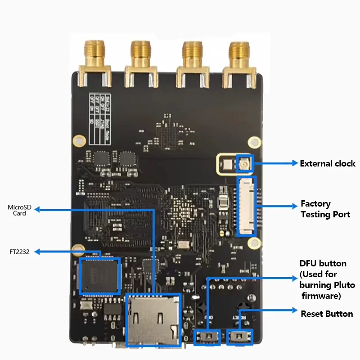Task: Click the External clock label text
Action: coord(328,163)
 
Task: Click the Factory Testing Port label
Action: coord(325,209)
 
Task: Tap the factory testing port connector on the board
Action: coord(246,206)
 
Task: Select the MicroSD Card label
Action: coord(20,210)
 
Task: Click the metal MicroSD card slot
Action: coord(153,319)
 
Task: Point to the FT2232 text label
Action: coord(19,252)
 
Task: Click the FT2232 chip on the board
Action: coord(99,276)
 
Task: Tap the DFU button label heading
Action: coord(323,264)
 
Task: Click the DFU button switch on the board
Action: coord(207,337)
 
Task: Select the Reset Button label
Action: coord(327,314)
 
